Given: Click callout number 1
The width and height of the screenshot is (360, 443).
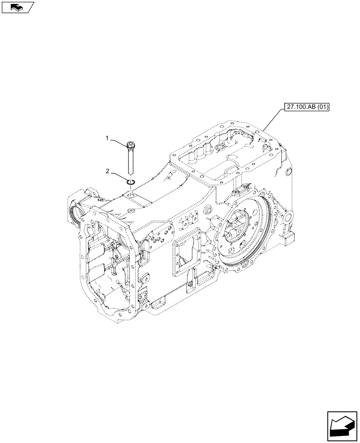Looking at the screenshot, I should (107, 139).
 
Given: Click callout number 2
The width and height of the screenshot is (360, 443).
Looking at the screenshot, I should (107, 171).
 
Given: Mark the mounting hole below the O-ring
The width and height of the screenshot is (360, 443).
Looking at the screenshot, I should (130, 194).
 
